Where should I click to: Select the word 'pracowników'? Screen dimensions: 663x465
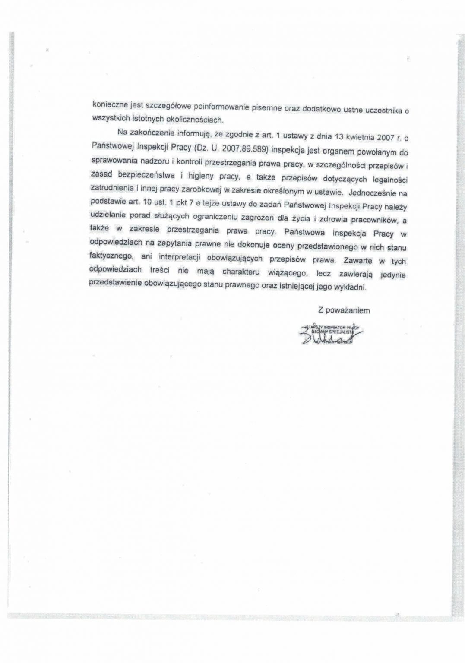point(373,220)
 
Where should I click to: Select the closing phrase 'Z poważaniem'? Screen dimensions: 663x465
point(344,310)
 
